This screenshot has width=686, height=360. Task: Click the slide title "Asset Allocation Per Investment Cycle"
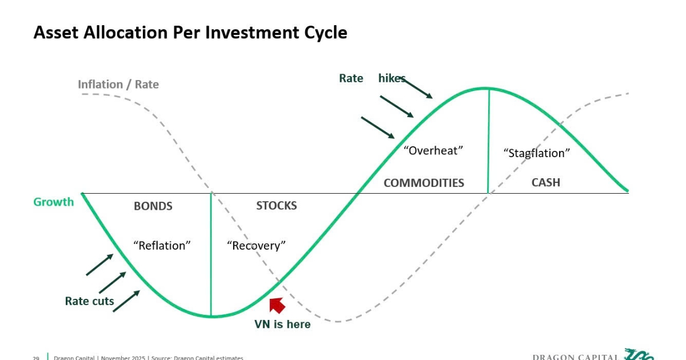tap(190, 32)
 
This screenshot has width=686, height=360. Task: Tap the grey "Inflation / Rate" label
tap(118, 85)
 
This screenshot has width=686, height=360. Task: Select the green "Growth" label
tap(54, 202)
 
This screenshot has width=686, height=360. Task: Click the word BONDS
tap(153, 206)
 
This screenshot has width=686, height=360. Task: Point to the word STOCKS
tap(277, 206)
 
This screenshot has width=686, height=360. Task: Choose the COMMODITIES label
tap(424, 183)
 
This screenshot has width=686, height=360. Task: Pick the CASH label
tap(546, 183)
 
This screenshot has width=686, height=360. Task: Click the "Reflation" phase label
tap(162, 246)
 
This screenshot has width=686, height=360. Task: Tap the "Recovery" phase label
tap(256, 246)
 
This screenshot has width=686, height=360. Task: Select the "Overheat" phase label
tap(433, 151)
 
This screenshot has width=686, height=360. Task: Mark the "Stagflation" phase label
tap(537, 153)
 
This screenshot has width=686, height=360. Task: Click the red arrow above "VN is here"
tap(277, 305)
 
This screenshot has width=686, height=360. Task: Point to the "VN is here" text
tap(282, 324)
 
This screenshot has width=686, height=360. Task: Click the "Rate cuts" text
tap(90, 301)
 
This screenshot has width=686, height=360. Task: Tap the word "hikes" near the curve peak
tap(392, 78)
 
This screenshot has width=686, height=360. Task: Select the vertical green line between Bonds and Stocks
tap(211, 254)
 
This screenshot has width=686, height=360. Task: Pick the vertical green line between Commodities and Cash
tap(489, 140)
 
